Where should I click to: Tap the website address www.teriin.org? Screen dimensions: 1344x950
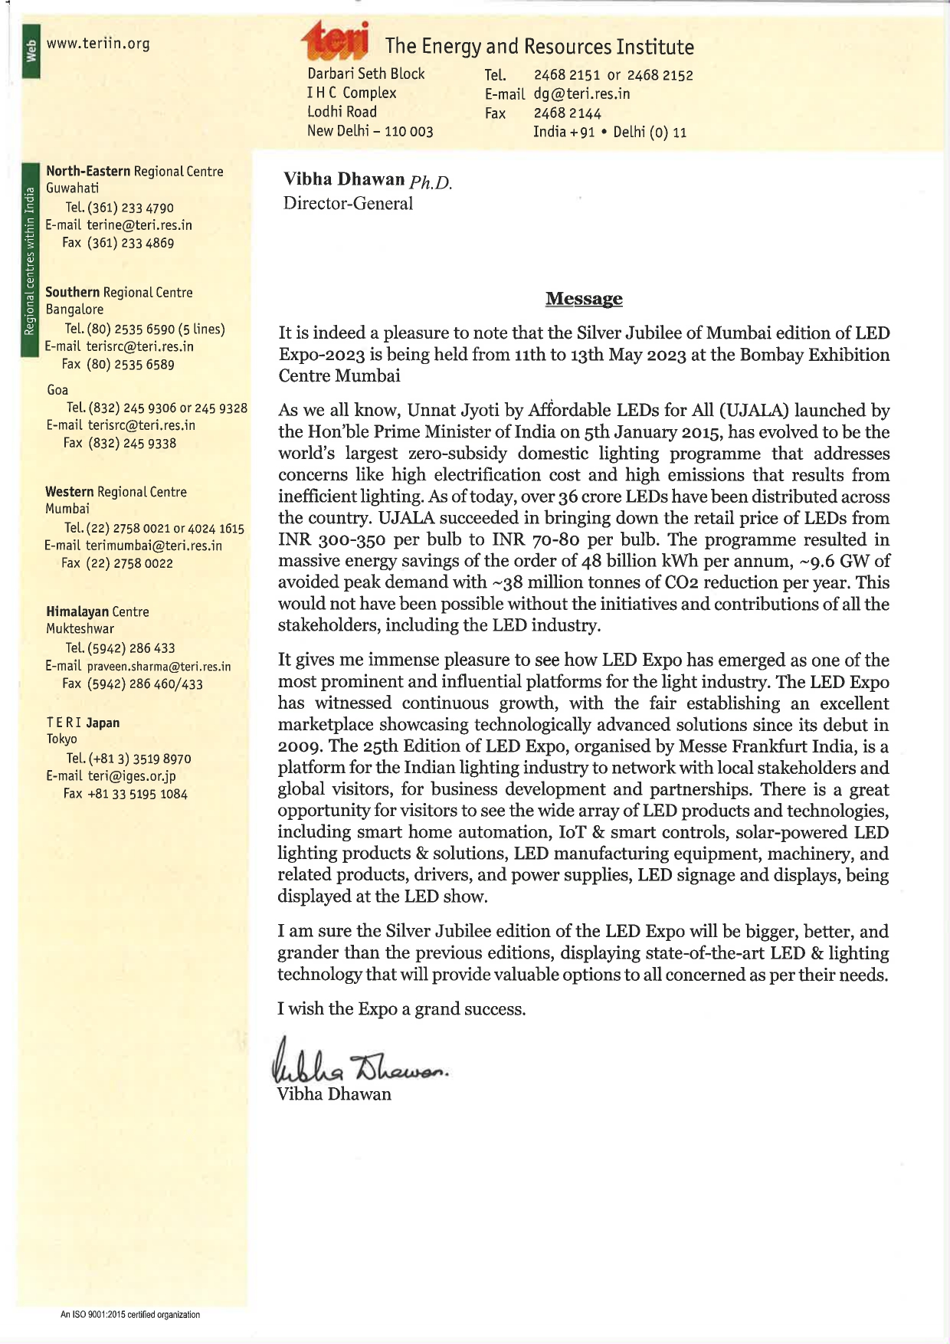[x=98, y=44]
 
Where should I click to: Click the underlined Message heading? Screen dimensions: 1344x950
[x=584, y=299]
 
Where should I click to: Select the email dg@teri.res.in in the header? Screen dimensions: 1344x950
[x=581, y=94]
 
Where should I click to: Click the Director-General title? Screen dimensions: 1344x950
[x=348, y=203]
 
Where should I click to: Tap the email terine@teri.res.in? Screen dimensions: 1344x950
[x=139, y=225]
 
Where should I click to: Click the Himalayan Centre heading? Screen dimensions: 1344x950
[x=97, y=611]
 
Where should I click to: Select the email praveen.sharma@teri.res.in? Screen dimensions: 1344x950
[x=159, y=667]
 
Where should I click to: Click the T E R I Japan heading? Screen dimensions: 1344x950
[x=83, y=723]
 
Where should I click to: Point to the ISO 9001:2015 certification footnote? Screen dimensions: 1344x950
[x=130, y=1315]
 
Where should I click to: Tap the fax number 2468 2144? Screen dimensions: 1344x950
[x=567, y=113]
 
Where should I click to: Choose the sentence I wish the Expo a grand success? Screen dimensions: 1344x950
[x=401, y=1009]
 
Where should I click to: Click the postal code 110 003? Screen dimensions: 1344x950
[x=409, y=131]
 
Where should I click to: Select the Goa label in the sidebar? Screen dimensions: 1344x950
[x=57, y=390]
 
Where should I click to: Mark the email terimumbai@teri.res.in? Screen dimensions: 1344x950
[x=154, y=546]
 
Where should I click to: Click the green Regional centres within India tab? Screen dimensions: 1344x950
[x=29, y=261]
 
